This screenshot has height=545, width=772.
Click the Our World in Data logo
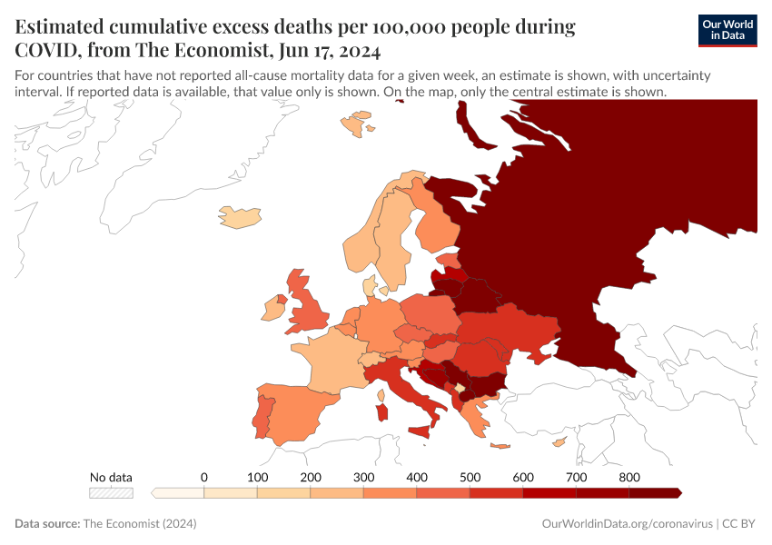tap(727, 30)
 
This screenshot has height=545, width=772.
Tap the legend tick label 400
tap(417, 477)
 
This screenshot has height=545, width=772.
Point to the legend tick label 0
tap(204, 477)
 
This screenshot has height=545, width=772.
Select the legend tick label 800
tap(629, 477)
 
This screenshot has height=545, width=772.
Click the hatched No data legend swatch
tap(111, 492)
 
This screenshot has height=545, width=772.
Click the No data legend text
tap(111, 477)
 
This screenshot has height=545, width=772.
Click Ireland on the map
tap(273, 312)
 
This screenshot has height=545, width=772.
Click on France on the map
tap(323, 358)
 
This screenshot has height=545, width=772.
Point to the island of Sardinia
tap(382, 412)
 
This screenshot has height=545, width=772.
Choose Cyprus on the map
tap(560, 442)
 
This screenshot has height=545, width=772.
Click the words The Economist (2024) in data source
tap(139, 524)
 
